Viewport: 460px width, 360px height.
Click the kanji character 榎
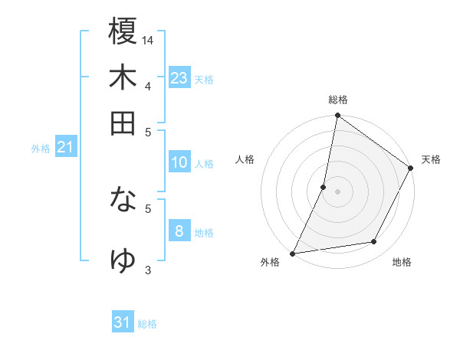click(x=123, y=32)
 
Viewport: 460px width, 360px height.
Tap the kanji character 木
click(x=123, y=77)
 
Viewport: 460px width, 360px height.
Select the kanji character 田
click(x=123, y=123)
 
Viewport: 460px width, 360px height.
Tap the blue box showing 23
click(x=179, y=78)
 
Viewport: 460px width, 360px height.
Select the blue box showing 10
click(x=179, y=162)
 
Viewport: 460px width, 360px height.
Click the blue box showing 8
click(x=179, y=231)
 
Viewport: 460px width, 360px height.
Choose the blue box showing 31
click(x=123, y=322)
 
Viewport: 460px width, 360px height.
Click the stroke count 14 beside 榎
click(x=149, y=39)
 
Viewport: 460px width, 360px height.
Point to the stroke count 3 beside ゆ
click(x=147, y=269)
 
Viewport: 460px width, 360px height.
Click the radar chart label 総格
click(x=337, y=100)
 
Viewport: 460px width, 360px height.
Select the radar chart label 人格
click(x=245, y=159)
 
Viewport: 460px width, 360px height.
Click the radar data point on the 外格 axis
click(x=293, y=254)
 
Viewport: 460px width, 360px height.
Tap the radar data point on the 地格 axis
click(x=374, y=242)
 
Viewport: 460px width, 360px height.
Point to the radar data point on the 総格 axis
click(x=337, y=116)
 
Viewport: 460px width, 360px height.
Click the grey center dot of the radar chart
click(x=337, y=191)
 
